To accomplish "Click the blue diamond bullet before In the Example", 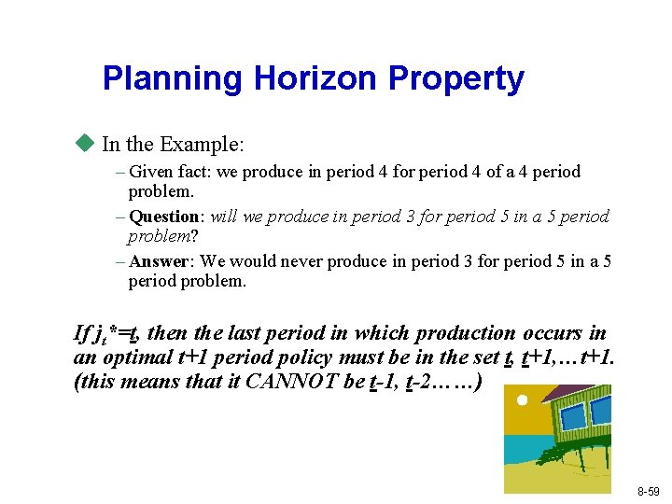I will [87, 144].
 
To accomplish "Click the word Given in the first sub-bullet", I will [149, 172].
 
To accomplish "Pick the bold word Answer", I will [161, 261].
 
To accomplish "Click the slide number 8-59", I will [649, 491].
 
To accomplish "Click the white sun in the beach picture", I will [523, 400].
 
